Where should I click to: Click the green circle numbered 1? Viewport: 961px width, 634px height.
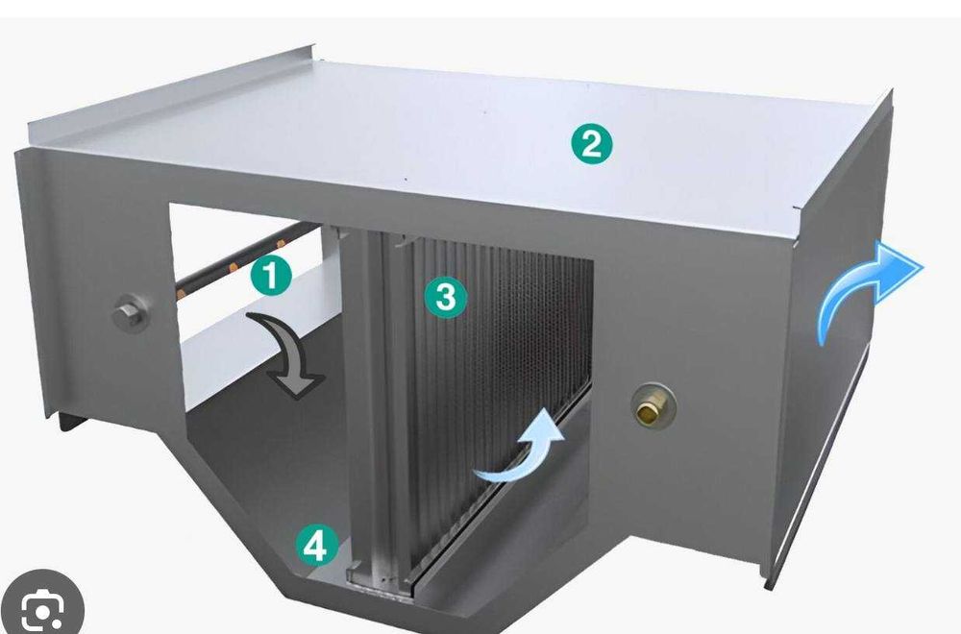point(271,276)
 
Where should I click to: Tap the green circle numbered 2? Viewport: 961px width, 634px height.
point(591,143)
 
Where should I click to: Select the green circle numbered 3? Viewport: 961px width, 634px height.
point(446,297)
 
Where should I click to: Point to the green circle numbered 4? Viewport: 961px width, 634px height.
point(316,546)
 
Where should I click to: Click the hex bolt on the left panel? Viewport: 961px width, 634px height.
point(130,313)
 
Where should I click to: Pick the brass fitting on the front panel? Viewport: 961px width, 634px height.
point(653,406)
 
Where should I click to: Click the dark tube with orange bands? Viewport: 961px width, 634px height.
point(248,259)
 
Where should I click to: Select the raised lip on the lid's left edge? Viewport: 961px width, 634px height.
point(172,92)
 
